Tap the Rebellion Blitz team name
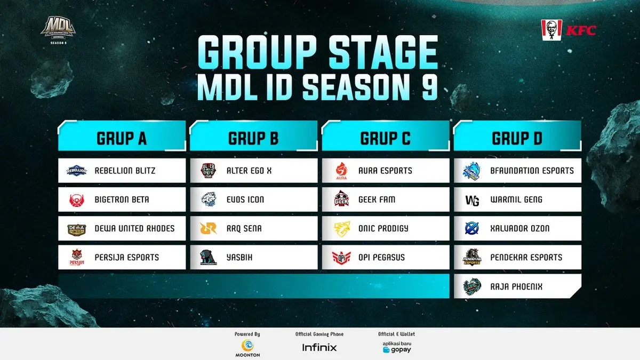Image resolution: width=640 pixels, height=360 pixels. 125,171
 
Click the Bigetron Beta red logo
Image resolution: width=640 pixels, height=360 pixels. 77,200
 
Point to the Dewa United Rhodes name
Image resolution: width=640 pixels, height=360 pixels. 134,229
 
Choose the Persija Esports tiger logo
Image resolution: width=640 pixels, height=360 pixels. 77,258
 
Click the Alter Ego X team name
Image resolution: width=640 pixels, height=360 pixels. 249,171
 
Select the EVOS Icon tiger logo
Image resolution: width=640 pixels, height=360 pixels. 209,199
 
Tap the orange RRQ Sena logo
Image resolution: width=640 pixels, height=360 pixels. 209,229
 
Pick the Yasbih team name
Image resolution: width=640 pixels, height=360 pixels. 239,258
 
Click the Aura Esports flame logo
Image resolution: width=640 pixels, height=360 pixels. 341,171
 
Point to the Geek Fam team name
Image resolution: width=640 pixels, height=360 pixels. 377,199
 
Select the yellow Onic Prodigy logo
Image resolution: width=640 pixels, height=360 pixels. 342,229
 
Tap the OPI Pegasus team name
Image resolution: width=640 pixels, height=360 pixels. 381,258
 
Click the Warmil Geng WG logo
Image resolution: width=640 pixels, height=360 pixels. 472,201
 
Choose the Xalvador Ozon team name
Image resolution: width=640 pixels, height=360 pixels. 519,229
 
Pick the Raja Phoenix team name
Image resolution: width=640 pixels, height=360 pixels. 516,286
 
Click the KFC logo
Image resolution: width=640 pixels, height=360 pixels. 569,30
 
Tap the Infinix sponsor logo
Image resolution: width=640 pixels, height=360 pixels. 319,347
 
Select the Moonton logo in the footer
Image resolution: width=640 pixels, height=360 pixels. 247,348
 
